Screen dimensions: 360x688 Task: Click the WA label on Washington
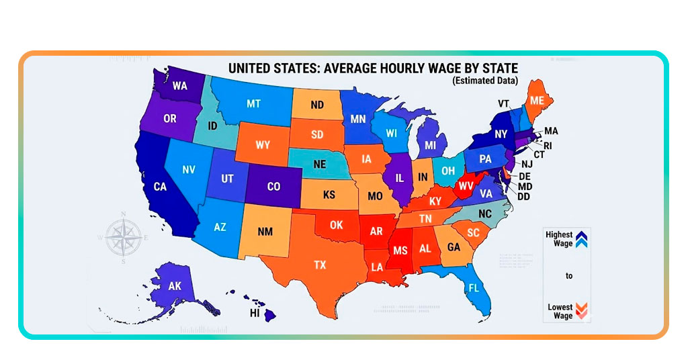coord(179,86)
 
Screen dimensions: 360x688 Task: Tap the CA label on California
coord(160,187)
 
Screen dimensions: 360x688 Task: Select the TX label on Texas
coord(319,265)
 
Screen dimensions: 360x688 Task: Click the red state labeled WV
coord(466,185)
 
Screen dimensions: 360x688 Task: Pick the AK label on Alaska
coord(175,286)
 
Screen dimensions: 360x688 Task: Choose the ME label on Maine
coord(537,100)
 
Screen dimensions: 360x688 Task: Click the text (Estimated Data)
coord(485,81)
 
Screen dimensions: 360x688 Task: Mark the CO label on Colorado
coord(273,187)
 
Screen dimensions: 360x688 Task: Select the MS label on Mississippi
coord(400,250)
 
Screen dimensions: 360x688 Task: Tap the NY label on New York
coord(502,134)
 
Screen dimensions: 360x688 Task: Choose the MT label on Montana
coord(253,104)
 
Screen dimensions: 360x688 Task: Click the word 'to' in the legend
coord(569,276)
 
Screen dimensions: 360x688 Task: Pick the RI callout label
coord(548,144)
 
